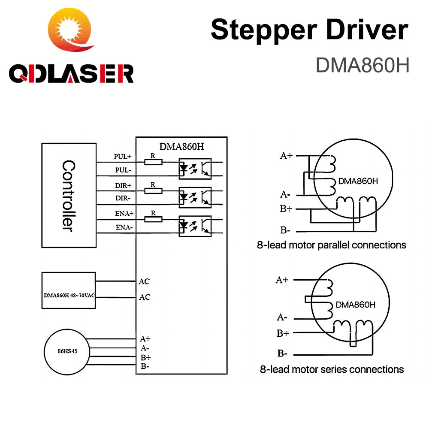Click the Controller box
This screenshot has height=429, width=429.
(69, 195)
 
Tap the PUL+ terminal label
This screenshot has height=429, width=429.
(122, 157)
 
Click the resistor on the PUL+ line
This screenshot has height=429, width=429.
(153, 162)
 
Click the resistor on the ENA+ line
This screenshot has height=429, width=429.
(153, 219)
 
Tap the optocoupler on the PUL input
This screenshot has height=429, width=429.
(195, 169)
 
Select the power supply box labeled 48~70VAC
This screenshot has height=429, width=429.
(69, 290)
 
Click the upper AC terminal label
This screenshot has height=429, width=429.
(145, 281)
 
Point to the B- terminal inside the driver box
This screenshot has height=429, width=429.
(145, 366)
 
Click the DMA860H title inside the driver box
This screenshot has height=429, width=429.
(181, 146)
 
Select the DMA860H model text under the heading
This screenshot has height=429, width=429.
(363, 65)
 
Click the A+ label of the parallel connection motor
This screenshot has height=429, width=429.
(286, 156)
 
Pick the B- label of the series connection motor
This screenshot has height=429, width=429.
(282, 353)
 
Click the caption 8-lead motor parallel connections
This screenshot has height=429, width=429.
(331, 245)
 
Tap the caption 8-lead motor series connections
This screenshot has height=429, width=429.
(332, 369)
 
